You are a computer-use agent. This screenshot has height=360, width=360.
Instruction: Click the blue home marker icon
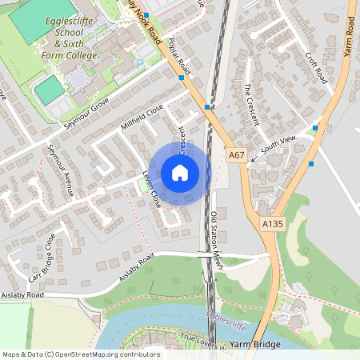point(180,173)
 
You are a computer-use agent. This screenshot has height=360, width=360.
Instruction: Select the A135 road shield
point(272,226)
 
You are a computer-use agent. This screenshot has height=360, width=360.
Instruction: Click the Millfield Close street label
point(142,117)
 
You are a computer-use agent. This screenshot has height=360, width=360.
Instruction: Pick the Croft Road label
point(316,70)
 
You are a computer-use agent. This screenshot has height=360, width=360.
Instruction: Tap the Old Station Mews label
point(214,234)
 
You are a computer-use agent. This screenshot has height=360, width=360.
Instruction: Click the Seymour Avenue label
point(60,170)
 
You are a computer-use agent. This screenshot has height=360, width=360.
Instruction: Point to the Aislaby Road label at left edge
point(22,295)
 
